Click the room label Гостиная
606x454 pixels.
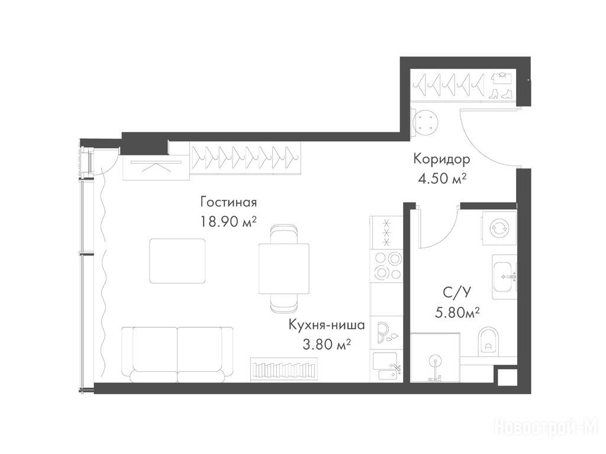[228, 202]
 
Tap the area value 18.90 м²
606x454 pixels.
[228, 222]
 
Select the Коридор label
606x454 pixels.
[441, 159]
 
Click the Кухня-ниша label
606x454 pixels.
[327, 325]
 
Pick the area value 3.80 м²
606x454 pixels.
[327, 344]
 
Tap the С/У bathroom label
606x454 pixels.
[457, 293]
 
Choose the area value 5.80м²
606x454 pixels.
[457, 312]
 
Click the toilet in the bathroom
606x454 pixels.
[489, 342]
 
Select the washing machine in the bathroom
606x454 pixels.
[499, 228]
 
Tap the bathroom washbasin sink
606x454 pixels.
[504, 277]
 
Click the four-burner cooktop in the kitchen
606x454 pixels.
[386, 265]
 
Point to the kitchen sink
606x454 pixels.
[386, 367]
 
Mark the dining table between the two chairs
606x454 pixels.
[284, 269]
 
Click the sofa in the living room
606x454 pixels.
[178, 355]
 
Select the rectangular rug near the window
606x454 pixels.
[178, 261]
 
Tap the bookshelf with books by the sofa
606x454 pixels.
[285, 370]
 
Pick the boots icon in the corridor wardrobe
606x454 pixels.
[501, 94]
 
